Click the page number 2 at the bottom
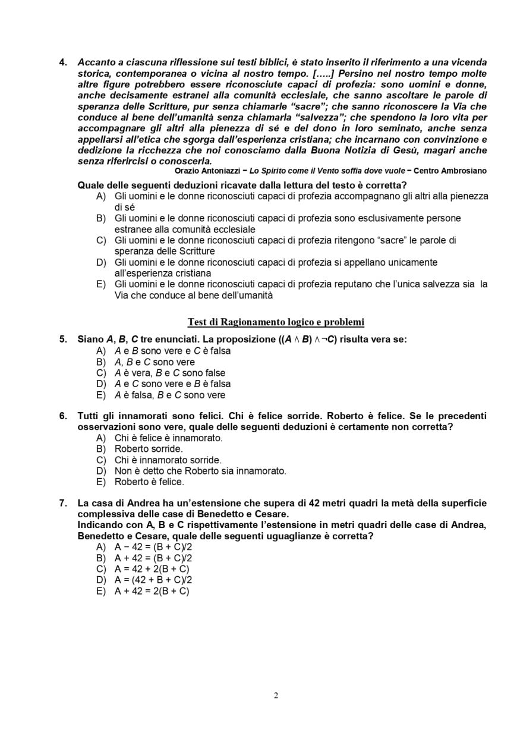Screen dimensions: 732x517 click(x=276, y=696)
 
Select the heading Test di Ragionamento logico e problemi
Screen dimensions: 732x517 click(x=276, y=322)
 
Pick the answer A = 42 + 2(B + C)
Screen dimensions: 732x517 click(x=152, y=569)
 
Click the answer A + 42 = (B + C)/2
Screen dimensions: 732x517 click(x=153, y=558)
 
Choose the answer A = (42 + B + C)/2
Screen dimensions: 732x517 click(x=153, y=580)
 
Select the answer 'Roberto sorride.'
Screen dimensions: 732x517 click(x=149, y=449)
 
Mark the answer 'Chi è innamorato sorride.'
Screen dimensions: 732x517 click(x=168, y=460)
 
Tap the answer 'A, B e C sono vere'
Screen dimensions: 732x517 click(x=155, y=362)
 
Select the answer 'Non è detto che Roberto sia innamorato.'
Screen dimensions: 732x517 click(x=200, y=471)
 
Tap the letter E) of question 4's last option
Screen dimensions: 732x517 click(x=101, y=284)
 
